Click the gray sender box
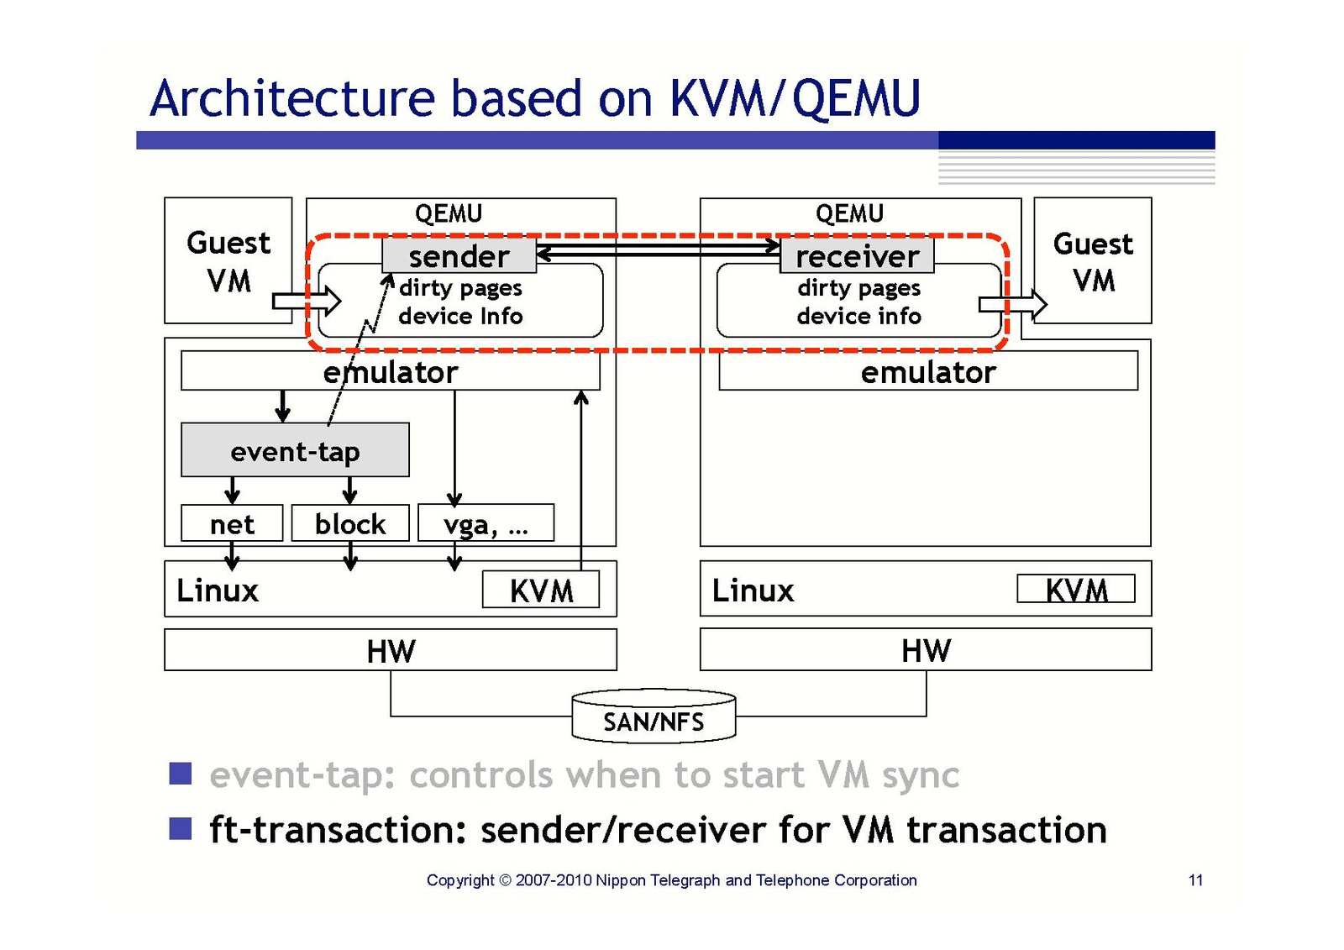[459, 255]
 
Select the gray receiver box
[857, 255]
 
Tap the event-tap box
[295, 450]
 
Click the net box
[232, 523]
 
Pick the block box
[350, 523]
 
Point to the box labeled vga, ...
[486, 523]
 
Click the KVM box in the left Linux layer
[541, 590]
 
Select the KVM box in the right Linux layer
[1076, 589]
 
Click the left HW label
[391, 651]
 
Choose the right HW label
[926, 650]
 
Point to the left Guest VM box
[228, 260]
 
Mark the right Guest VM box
[1093, 260]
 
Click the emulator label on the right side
[928, 371]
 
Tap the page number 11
[1195, 879]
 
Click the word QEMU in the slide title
[856, 97]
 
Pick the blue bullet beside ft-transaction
[181, 828]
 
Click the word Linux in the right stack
[753, 590]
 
